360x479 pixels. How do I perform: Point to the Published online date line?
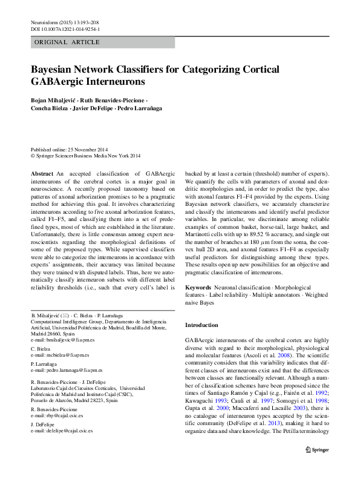pyautogui.click(x=70, y=149)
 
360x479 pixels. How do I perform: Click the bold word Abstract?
pyautogui.click(x=42, y=173)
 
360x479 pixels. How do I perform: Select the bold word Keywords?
pyautogui.click(x=198, y=286)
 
